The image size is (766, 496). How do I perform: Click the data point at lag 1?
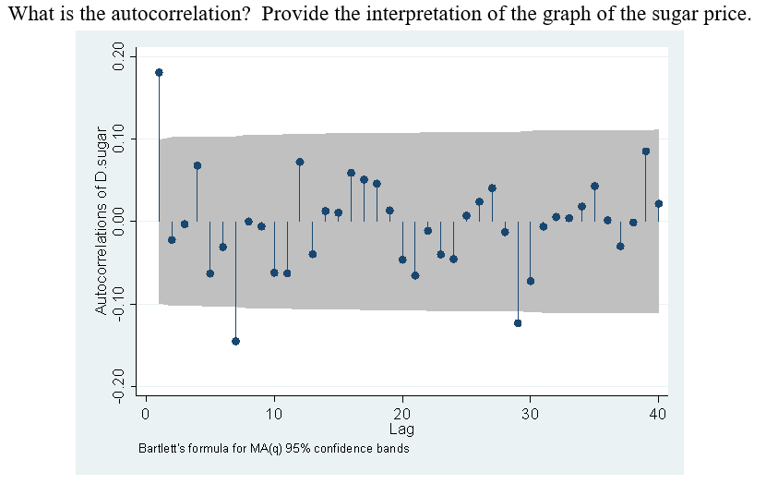159,72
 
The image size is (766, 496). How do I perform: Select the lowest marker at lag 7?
235,341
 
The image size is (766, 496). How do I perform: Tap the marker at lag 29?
518,323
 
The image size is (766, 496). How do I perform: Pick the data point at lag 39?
646,151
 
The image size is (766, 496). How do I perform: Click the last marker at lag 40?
659,203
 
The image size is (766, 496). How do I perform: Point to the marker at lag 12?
300,162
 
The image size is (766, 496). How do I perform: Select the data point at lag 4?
197,165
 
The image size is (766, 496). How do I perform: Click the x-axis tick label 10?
273,414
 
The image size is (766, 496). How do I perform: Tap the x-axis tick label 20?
401,414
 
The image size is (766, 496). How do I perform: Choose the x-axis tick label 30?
530,414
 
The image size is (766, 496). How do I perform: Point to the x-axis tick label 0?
145,414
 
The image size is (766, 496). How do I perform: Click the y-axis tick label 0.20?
117,57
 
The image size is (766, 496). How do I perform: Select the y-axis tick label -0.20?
117,384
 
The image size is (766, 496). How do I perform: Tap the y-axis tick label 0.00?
117,222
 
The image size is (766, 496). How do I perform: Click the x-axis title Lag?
401,429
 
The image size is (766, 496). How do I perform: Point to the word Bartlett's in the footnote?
161,449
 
